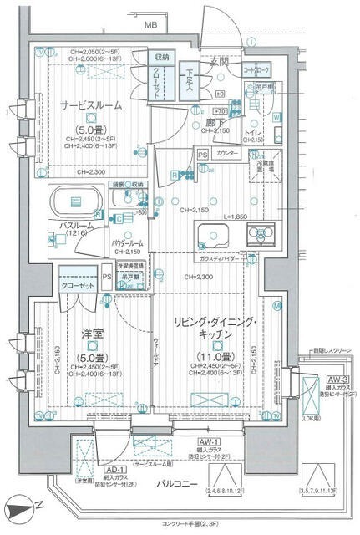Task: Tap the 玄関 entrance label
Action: [x=219, y=61]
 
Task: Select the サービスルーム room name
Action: [x=91, y=106]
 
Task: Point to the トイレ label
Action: [x=253, y=134]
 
